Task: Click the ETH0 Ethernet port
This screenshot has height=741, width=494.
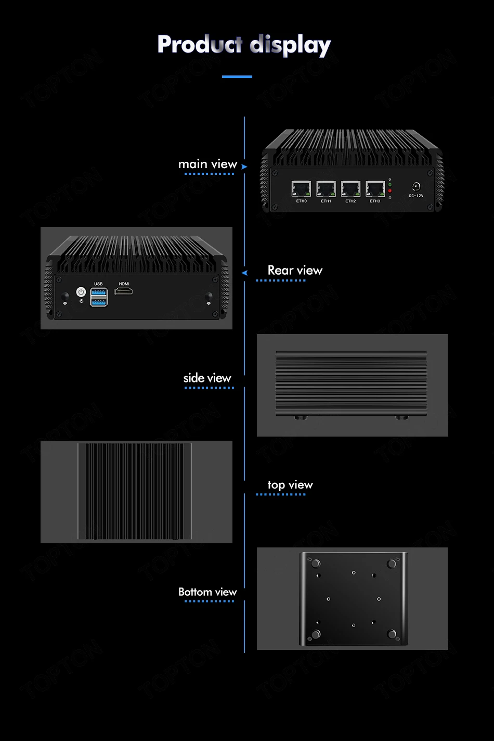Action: click(x=301, y=188)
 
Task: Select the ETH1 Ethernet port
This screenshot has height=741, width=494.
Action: click(x=326, y=188)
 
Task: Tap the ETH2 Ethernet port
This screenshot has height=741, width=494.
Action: click(x=350, y=188)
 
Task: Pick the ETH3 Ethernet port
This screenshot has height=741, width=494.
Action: click(x=375, y=188)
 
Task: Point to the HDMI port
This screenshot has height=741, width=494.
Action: click(x=124, y=290)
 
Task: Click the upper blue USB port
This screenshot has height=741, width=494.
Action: click(x=99, y=292)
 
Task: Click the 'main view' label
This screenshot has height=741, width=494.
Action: click(x=207, y=164)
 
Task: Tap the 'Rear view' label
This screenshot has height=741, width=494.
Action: click(x=295, y=270)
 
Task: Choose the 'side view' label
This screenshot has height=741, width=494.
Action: click(x=207, y=378)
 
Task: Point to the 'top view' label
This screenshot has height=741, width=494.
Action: click(x=290, y=485)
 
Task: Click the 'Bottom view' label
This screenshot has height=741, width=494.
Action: click(x=207, y=592)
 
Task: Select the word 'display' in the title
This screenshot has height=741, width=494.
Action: click(x=290, y=46)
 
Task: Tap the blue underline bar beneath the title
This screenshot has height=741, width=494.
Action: click(x=237, y=76)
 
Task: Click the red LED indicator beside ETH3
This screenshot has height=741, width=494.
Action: click(x=390, y=191)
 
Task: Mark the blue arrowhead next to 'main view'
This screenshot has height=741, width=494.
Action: click(x=244, y=167)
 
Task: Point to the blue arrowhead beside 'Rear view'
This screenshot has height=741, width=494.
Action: click(x=244, y=273)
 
